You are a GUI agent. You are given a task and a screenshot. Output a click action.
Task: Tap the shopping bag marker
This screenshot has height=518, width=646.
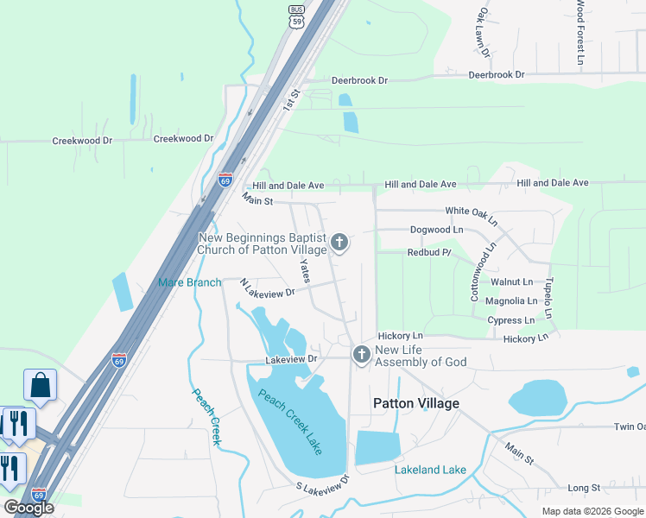pos(40,384)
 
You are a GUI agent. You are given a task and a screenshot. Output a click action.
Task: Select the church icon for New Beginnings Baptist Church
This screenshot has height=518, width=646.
pos(339,243)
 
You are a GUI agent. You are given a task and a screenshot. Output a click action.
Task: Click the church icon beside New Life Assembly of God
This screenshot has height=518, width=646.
pos(361,354)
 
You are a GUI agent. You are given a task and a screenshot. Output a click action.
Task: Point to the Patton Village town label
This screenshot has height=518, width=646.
pos(415,403)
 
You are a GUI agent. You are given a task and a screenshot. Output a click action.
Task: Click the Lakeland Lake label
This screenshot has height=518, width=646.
pos(430,470)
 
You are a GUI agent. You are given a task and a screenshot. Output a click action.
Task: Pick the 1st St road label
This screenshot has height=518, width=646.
pos(291,99)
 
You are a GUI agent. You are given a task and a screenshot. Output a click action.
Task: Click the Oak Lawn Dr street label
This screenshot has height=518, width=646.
pos(484,33)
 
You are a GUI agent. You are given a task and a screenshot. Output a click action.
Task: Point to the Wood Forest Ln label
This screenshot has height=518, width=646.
pos(580,33)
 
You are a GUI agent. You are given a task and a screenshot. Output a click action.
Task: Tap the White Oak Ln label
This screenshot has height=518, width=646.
pos(472,214)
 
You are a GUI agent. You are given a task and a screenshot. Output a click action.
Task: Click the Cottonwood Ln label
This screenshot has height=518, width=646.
pos(482,270)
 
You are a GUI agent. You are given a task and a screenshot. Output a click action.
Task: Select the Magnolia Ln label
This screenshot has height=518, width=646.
pos(511,300)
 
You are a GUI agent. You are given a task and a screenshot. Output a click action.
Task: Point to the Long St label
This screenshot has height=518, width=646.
pos(584,488)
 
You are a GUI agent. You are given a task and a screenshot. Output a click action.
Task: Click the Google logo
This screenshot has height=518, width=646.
pos(28,508)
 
